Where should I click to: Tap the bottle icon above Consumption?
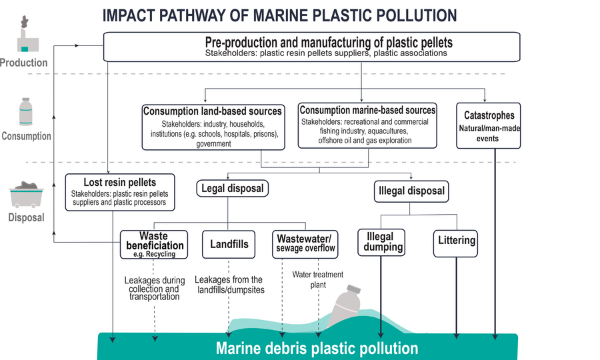[x=25, y=112]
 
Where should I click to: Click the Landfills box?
[x=229, y=244]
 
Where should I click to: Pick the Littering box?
[x=457, y=240]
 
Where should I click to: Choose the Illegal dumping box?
[x=383, y=241]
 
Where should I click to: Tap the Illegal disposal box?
[x=411, y=191]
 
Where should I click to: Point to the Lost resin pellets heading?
[x=120, y=182]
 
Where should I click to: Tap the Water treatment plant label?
[x=317, y=279]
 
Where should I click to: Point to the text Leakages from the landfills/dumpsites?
[x=229, y=285]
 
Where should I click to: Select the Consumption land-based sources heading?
[x=213, y=111]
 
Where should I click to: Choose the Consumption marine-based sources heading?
[x=367, y=110]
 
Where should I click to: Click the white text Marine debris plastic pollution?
[x=317, y=348]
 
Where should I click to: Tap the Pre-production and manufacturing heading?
[x=329, y=42]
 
